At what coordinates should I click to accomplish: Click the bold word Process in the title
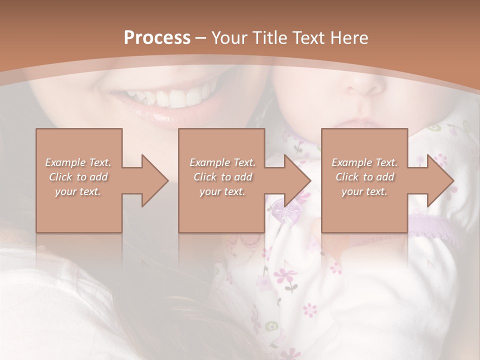tap(157, 38)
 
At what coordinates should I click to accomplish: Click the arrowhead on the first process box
tap(155, 180)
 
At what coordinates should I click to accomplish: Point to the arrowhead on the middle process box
tap(298, 180)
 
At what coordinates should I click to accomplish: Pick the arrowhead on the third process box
tap(441, 180)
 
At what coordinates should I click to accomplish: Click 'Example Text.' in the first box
tap(78, 162)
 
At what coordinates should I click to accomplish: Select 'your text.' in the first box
tap(78, 191)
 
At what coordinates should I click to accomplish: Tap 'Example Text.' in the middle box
tap(222, 162)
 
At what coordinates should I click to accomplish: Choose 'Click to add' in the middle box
tap(222, 177)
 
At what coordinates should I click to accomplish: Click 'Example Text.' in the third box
tap(364, 162)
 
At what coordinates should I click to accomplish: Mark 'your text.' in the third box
tap(364, 191)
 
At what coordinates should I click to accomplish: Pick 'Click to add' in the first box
tap(78, 177)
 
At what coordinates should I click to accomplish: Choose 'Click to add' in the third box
tap(364, 177)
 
